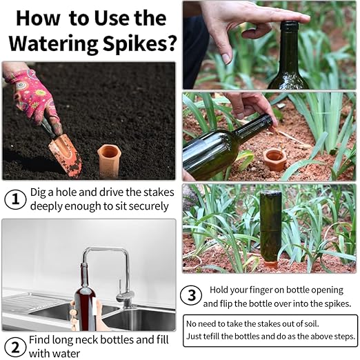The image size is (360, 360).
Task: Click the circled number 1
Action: [x=14, y=200]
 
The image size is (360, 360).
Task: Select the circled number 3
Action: [x=191, y=296]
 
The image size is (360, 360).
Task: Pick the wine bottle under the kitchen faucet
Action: [x=83, y=303]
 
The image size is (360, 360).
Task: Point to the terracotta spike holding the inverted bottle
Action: [x=271, y=262]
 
